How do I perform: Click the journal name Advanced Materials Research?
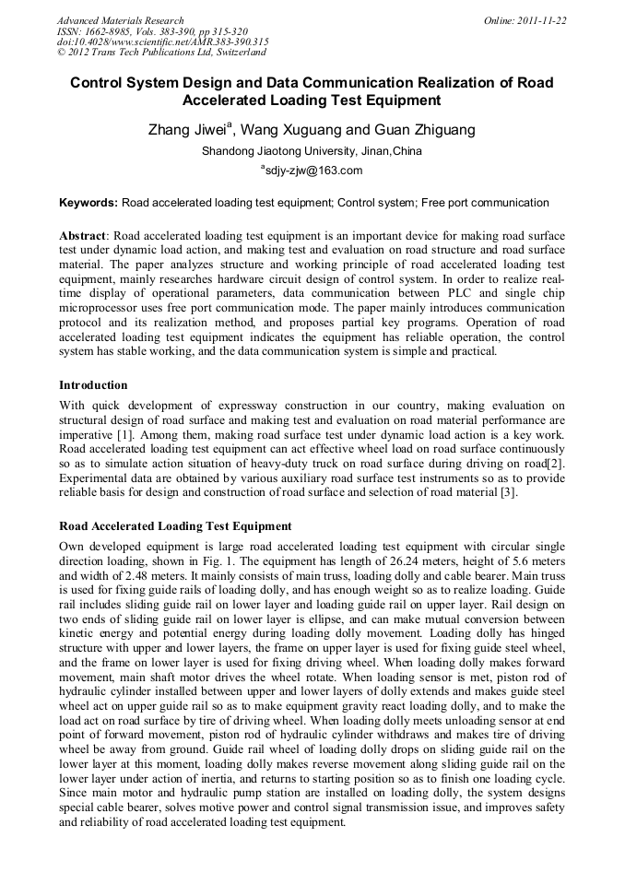[120, 20]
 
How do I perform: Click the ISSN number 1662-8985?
[113, 31]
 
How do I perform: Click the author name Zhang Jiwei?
[188, 130]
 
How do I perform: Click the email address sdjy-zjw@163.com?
[313, 171]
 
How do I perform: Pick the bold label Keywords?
[88, 203]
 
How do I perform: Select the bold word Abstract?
[82, 237]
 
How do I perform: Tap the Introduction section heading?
[93, 384]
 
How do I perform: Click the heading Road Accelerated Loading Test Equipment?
[175, 526]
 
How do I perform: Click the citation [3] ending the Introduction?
[508, 492]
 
